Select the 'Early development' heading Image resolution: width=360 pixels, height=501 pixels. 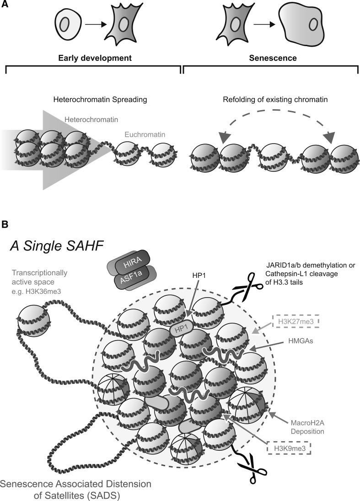click(x=95, y=59)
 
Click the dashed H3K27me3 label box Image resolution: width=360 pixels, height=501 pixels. click(x=295, y=322)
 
